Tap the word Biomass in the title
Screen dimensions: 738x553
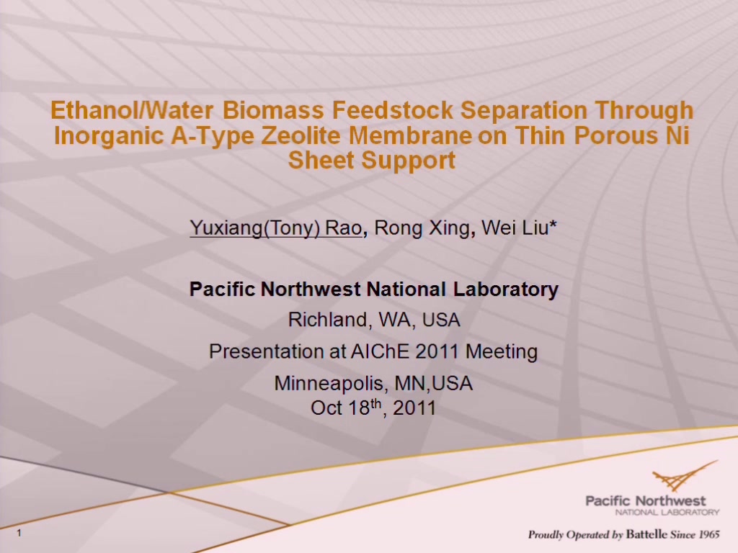[273, 110]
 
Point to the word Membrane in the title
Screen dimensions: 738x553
[410, 135]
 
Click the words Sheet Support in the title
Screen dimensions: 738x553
[372, 161]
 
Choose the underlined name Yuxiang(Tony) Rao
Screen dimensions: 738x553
[276, 228]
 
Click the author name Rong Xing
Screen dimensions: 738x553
[422, 228]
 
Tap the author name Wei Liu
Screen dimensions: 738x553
[515, 228]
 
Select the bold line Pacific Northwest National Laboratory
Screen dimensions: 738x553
[374, 289]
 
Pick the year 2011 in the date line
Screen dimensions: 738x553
[414, 408]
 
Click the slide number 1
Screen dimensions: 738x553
[19, 533]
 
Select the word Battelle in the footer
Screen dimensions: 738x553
[646, 534]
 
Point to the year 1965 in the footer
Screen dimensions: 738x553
[709, 534]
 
